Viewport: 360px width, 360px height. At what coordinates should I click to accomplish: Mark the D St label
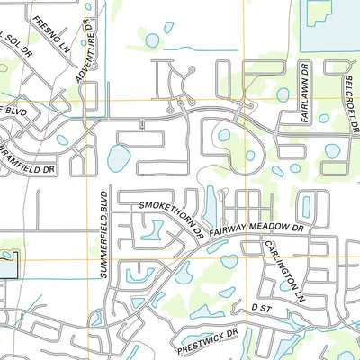[x=261, y=308]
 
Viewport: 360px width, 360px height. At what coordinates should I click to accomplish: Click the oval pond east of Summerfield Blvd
[x=118, y=158]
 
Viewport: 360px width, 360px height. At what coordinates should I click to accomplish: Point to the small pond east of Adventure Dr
[x=152, y=40]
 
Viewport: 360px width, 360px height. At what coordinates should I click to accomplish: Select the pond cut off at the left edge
[x=7, y=265]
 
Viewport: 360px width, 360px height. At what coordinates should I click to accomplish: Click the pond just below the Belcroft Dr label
[x=332, y=150]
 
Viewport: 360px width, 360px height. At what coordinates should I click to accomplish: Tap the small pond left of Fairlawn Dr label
[x=283, y=94]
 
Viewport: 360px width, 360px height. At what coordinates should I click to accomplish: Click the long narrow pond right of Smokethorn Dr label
[x=210, y=205]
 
